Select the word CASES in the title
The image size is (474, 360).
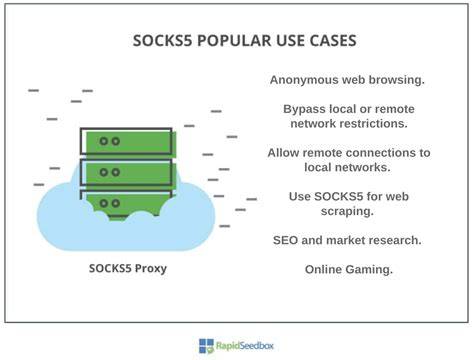[x=333, y=41]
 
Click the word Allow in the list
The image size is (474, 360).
[x=283, y=153]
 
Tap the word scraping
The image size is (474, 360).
[x=347, y=211]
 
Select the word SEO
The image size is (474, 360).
[x=285, y=240]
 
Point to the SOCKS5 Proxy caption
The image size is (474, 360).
[x=128, y=268]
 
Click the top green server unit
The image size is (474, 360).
[x=129, y=141]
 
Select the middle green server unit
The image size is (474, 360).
[x=129, y=172]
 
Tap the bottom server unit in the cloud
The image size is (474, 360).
[x=129, y=203]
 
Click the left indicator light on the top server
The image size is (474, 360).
[x=104, y=141]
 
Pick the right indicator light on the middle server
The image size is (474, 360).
[x=116, y=172]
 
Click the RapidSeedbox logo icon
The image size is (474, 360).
[x=206, y=346]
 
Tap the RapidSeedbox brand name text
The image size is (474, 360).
[x=245, y=346]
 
